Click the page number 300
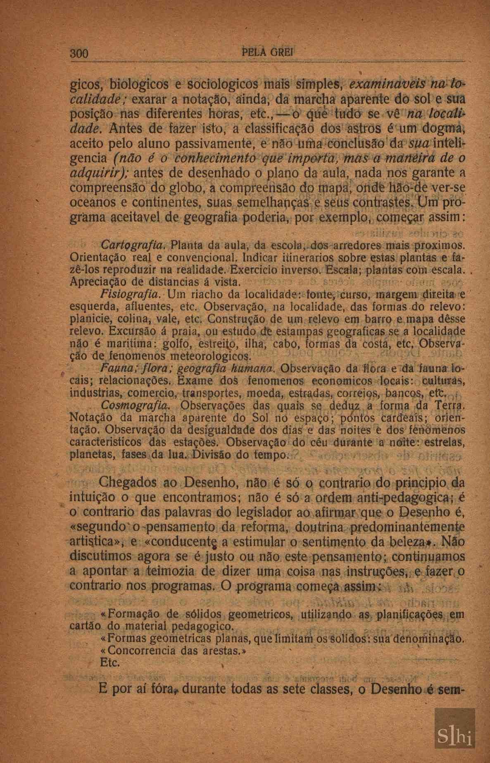80,54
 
